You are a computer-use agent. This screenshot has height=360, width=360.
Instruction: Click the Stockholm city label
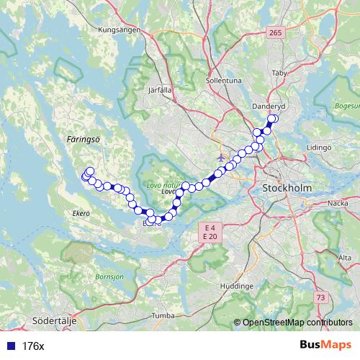pyautogui.click(x=287, y=188)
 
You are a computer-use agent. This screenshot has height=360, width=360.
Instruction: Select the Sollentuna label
pyautogui.click(x=224, y=81)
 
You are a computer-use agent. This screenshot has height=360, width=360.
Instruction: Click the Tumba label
pyautogui.click(x=164, y=315)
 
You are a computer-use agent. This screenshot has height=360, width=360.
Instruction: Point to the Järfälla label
pyautogui.click(x=159, y=91)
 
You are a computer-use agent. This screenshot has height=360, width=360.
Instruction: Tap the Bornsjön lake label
pyautogui.click(x=109, y=276)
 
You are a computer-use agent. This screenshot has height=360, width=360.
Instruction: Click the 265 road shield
pyautogui.click(x=274, y=33)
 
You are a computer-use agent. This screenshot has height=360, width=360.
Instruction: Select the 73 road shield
pyautogui.click(x=320, y=297)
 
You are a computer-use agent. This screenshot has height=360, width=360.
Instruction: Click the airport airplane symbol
pyautogui.click(x=221, y=156)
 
